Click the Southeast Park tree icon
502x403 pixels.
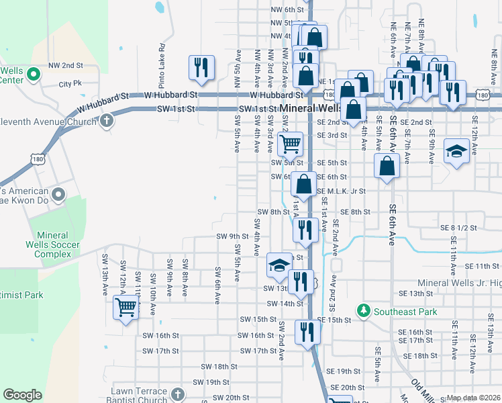click(x=363, y=311)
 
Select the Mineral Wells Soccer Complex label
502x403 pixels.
click(x=62, y=244)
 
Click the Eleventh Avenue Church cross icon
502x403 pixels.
click(x=106, y=121)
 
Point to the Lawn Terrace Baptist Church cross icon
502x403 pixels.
click(x=177, y=394)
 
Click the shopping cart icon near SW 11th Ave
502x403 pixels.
click(x=125, y=307)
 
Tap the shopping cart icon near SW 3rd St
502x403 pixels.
click(x=290, y=142)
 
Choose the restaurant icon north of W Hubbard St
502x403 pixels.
click(x=201, y=66)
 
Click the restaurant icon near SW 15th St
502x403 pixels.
click(x=307, y=331)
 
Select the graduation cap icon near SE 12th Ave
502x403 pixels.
click(x=456, y=151)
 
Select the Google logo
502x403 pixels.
click(x=22, y=395)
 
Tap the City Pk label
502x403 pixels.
click(x=70, y=84)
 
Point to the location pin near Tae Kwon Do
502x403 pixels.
click(x=58, y=195)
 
